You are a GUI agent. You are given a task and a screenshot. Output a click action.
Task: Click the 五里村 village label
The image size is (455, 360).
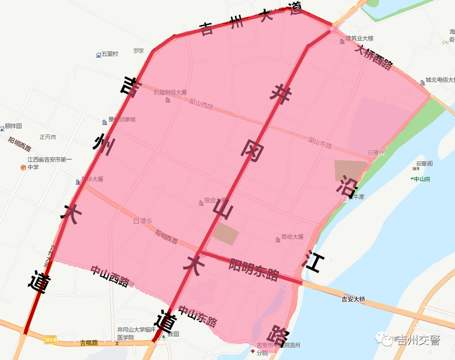coord(110,54)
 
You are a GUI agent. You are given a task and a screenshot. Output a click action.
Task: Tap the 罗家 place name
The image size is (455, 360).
coord(139,51)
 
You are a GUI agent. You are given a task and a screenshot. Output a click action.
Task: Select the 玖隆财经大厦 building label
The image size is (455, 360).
coord(170,92)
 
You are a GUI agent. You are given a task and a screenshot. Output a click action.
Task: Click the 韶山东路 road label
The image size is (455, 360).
coord(320,142)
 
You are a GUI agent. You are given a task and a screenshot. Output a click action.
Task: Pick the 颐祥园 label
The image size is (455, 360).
coord(14,125)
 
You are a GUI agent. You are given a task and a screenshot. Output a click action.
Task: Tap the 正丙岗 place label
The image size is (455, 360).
coord(48,137)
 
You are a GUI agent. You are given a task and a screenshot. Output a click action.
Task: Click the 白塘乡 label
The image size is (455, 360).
coord(143,221)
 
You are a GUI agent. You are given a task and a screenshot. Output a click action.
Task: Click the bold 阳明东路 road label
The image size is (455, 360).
coord(254,269)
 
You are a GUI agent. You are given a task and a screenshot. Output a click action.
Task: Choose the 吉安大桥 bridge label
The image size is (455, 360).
coord(353,299)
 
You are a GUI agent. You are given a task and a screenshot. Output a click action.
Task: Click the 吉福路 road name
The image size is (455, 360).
coord(89,343)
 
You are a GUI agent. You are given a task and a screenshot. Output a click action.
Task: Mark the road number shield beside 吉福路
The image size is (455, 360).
coord(50,340)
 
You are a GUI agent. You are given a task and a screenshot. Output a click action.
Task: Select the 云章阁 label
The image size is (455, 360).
coord(424,163)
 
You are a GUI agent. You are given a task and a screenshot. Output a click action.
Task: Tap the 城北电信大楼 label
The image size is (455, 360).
coord(440,80)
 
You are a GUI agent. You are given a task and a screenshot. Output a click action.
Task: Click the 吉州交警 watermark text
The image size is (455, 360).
coord(417,340)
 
